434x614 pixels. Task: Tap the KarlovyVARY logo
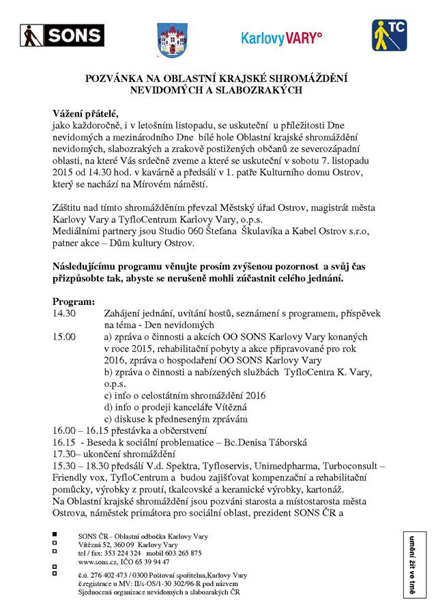pos(281,38)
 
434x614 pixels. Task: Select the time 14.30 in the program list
pos(64,313)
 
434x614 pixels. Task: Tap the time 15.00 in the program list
pos(64,336)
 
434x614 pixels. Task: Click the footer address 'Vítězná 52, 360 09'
pos(106,544)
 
